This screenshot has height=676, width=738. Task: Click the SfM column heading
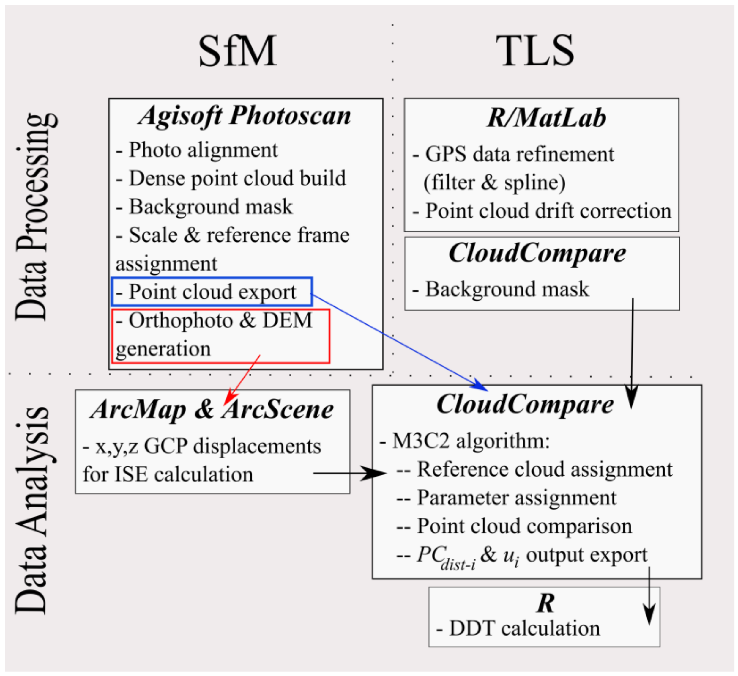click(237, 51)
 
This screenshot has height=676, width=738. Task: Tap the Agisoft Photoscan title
click(245, 116)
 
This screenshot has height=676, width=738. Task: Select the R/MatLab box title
click(546, 118)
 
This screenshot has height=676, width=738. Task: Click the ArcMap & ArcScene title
click(212, 409)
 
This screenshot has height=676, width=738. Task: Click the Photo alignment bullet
click(197, 150)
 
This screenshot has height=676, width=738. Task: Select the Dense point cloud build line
click(231, 179)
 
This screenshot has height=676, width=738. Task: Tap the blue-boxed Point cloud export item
click(212, 292)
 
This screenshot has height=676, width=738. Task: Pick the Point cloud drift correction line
click(542, 211)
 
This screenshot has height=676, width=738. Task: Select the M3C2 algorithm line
click(465, 441)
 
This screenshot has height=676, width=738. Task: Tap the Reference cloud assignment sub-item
click(534, 469)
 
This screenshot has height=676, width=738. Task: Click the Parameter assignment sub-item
click(507, 498)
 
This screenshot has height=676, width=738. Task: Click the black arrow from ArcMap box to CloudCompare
click(350, 473)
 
